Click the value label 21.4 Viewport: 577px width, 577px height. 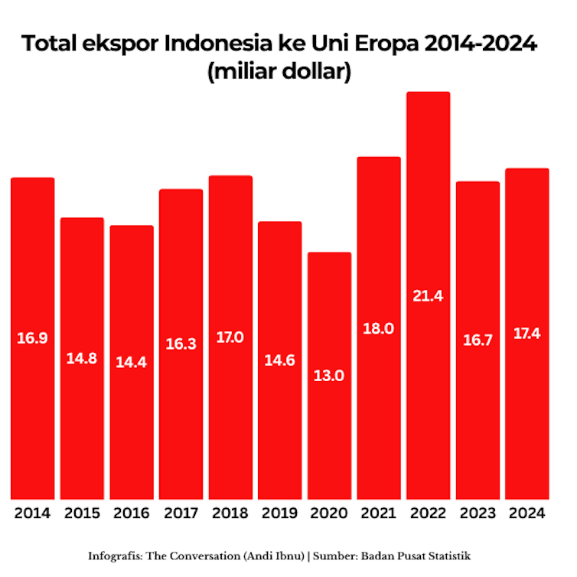[x=428, y=296]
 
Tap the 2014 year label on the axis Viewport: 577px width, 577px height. [x=32, y=513]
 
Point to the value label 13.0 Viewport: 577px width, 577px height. [x=329, y=376]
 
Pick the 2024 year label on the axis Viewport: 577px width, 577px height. [x=526, y=513]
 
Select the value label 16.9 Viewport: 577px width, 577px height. [x=32, y=337]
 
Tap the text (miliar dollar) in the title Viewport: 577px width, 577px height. [x=279, y=73]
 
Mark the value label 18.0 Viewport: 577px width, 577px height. [x=379, y=328]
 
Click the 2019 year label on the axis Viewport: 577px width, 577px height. [x=279, y=513]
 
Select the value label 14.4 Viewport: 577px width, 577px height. [x=132, y=362]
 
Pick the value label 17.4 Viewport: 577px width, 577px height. [x=526, y=334]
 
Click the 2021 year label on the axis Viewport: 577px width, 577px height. [x=379, y=513]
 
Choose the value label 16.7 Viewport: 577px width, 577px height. [x=478, y=341]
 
